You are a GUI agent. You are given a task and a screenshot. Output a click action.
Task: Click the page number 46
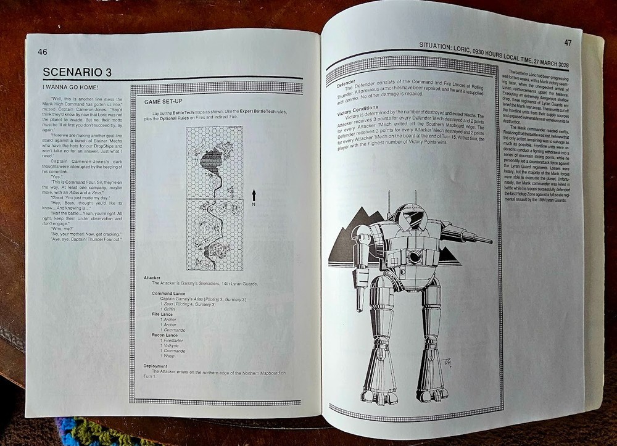pyautogui.click(x=43, y=52)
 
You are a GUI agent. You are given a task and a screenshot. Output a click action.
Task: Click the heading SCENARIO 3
pyautogui.click(x=77, y=72)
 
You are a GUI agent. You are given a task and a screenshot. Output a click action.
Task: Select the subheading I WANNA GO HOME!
pyautogui.click(x=63, y=88)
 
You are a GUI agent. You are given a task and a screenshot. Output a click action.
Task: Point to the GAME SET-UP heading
pyautogui.click(x=164, y=101)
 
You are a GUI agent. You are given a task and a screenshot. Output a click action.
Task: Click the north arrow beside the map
pyautogui.click(x=254, y=196)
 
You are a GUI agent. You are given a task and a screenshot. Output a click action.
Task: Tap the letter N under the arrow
pyautogui.click(x=254, y=205)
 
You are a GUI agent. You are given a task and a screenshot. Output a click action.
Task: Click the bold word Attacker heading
pyautogui.click(x=152, y=278)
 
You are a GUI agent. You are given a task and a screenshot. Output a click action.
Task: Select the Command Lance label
pyautogui.click(x=168, y=293)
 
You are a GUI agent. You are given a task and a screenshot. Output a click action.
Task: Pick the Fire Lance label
pyautogui.click(x=164, y=314)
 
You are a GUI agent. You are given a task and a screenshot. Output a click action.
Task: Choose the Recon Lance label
pyautogui.click(x=166, y=335)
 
